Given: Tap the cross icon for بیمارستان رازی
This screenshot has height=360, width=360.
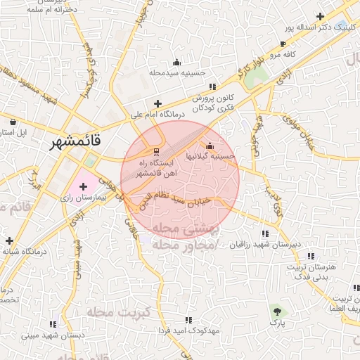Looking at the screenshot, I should [84, 186].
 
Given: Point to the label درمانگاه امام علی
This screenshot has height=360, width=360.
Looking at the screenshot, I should [157, 113].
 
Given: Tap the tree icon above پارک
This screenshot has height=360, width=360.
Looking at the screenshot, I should [277, 309].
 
